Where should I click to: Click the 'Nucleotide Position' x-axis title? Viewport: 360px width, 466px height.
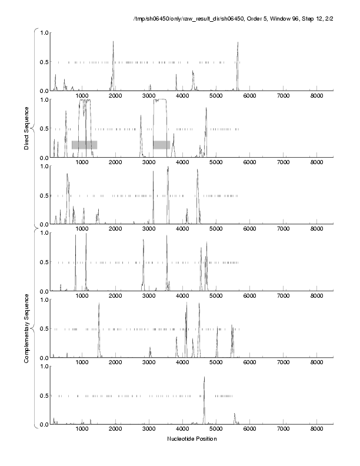(192, 439)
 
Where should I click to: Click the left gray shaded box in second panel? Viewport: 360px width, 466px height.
(84, 145)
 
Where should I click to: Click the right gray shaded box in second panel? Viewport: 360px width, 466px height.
(161, 145)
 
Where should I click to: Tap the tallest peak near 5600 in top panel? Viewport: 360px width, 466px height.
(238, 43)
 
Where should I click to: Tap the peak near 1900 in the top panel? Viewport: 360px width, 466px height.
(113, 42)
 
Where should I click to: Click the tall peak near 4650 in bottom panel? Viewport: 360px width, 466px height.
(204, 378)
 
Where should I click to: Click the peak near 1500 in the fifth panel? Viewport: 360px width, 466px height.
(99, 304)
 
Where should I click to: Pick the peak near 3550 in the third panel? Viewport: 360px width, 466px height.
(168, 168)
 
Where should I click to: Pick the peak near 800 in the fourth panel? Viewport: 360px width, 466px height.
(75, 236)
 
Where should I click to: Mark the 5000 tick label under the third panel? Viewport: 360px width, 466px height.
(216, 230)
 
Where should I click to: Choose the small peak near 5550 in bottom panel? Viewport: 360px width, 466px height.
(234, 414)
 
